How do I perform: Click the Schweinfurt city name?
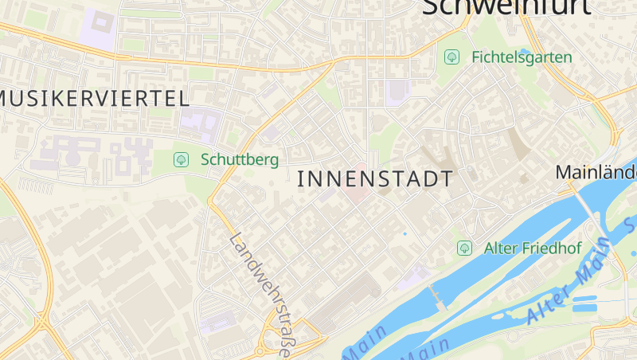click(x=506, y=6)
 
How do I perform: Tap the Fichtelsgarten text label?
click(x=522, y=57)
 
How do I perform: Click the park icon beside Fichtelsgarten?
click(x=452, y=57)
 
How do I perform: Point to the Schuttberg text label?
click(x=240, y=159)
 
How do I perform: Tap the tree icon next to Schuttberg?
click(x=181, y=159)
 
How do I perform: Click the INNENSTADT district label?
click(x=374, y=179)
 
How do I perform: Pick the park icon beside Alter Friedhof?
click(x=464, y=248)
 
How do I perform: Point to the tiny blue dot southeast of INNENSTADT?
click(x=404, y=233)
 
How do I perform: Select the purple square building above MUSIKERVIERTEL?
click(x=100, y=25)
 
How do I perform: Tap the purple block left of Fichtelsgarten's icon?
click(x=397, y=92)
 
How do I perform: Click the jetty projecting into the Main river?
click(x=436, y=296)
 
